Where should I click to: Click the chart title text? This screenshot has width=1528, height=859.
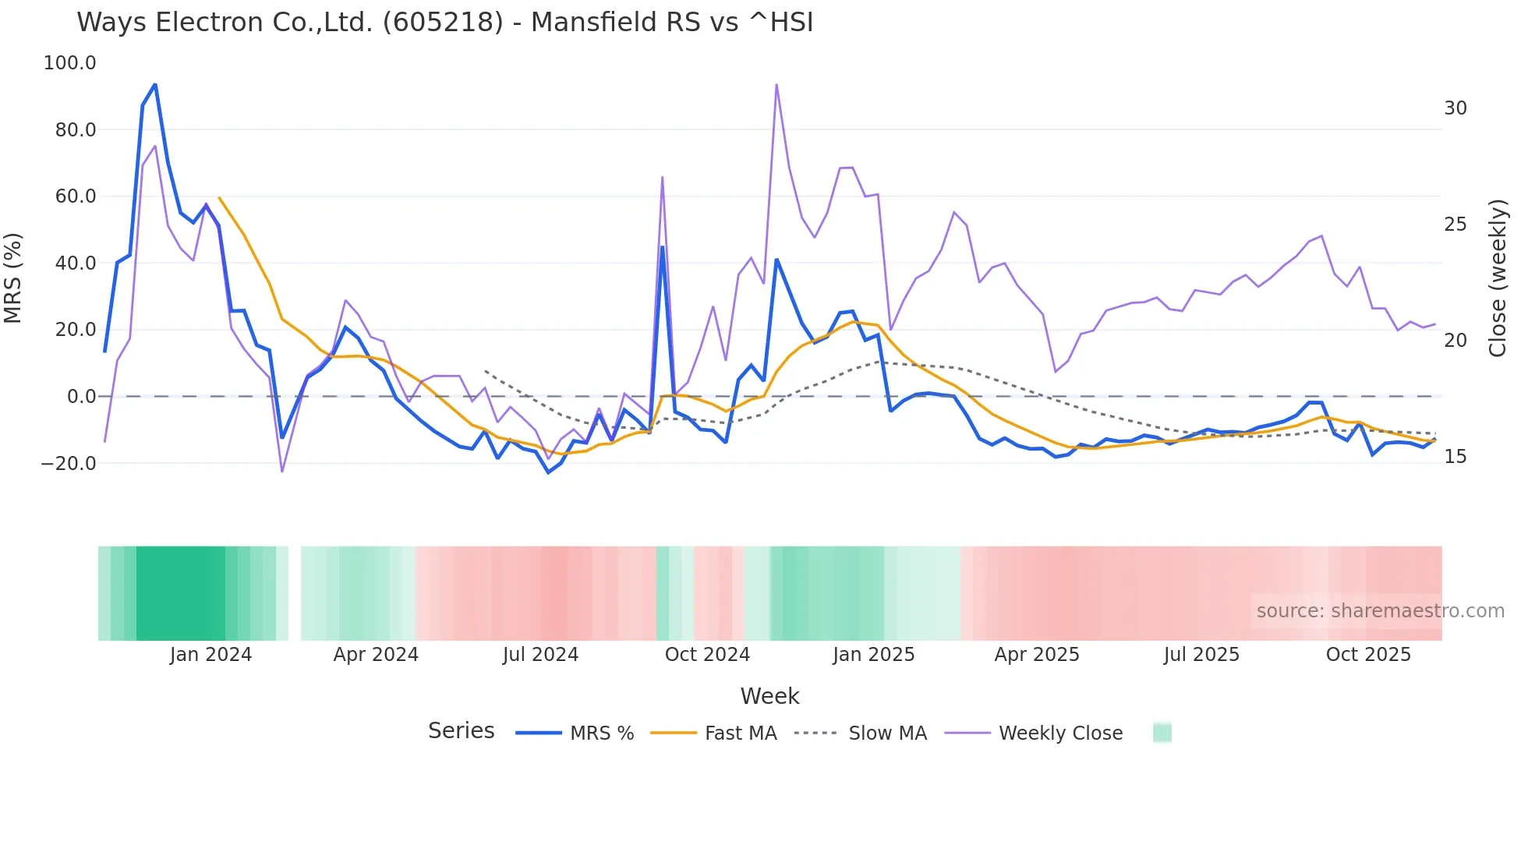click(x=444, y=22)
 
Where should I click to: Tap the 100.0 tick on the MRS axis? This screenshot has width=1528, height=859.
click(x=69, y=63)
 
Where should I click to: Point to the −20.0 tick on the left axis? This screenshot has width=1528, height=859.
click(x=68, y=464)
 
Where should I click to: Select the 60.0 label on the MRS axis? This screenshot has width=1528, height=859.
click(x=75, y=196)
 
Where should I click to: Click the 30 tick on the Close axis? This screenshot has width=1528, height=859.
click(x=1455, y=108)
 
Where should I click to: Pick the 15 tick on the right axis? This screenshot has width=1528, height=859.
click(x=1455, y=457)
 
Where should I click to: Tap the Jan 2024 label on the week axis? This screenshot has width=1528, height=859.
click(x=210, y=655)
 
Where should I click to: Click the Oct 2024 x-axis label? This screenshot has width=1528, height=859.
click(x=707, y=655)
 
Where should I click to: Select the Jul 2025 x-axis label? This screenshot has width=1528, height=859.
click(x=1201, y=655)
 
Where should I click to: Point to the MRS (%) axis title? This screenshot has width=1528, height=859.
click(x=13, y=277)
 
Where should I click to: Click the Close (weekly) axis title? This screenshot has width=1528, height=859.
click(x=1497, y=278)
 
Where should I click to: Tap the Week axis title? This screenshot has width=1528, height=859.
click(x=769, y=696)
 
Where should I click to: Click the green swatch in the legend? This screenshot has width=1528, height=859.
click(x=1162, y=733)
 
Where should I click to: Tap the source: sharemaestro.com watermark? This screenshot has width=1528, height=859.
click(x=1380, y=611)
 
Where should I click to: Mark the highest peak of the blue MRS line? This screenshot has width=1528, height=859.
click(x=155, y=84)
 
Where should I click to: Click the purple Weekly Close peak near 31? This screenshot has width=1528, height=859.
click(x=776, y=84)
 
